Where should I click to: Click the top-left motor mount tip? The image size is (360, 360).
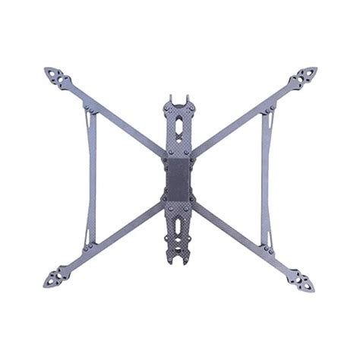55,76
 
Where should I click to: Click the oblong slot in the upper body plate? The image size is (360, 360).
179,122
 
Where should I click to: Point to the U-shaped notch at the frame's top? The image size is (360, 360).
179,99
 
